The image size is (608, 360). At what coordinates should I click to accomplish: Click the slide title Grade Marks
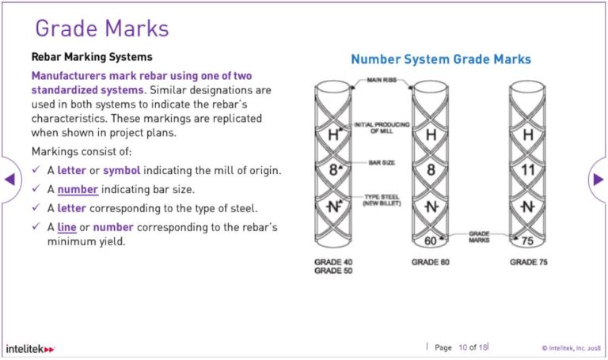[102, 29]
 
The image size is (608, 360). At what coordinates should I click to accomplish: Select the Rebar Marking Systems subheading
[91, 57]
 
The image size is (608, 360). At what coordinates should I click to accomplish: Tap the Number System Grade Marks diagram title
[441, 59]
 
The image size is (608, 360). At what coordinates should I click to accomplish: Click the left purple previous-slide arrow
[9, 179]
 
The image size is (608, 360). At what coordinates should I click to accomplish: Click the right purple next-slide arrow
[598, 179]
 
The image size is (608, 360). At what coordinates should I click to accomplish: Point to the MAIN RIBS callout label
[382, 81]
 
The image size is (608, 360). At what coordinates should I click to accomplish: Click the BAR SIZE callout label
[381, 162]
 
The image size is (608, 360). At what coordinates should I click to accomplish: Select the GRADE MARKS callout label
[479, 235]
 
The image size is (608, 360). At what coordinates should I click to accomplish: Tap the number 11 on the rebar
[528, 170]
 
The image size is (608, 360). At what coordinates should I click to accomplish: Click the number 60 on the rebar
[431, 241]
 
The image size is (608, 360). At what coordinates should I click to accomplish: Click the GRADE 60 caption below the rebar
[431, 262]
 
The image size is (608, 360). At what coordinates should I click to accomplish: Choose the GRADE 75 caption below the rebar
[528, 262]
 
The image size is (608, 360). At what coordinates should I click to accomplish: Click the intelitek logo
[30, 348]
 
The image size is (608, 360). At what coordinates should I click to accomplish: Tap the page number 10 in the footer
[463, 347]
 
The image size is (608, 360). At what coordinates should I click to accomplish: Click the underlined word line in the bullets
[66, 228]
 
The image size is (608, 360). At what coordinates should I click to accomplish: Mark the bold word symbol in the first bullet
[120, 171]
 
